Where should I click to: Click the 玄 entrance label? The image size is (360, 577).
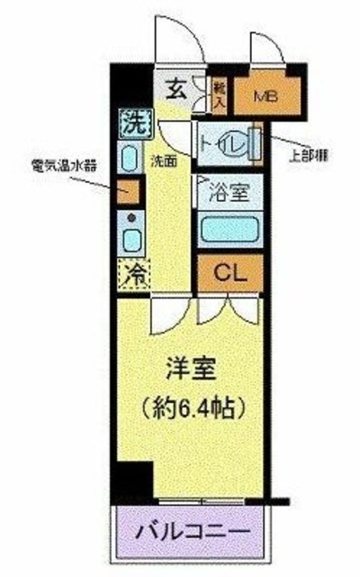click(x=176, y=88)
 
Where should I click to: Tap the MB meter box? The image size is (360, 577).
click(x=265, y=95)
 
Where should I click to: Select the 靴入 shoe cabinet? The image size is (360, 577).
click(x=219, y=94)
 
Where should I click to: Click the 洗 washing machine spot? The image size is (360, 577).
click(x=131, y=120)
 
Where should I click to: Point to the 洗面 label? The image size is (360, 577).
click(x=163, y=162)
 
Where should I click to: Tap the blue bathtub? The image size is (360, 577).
click(x=229, y=226)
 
